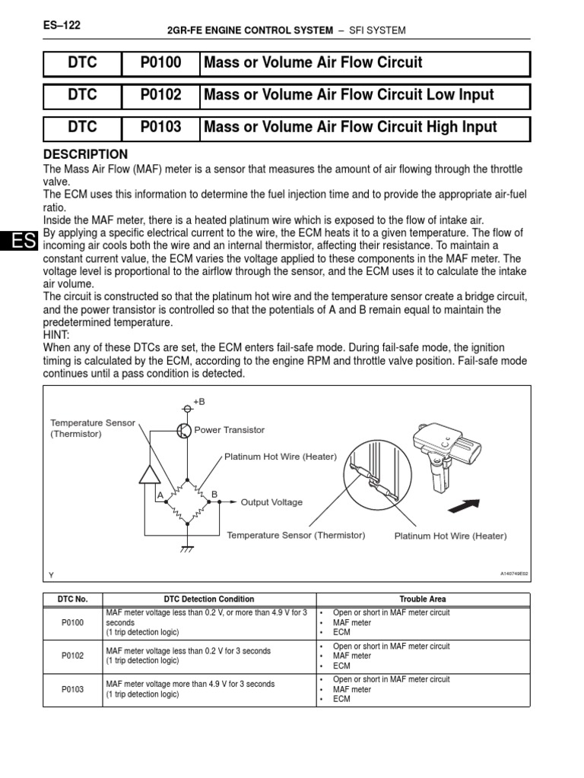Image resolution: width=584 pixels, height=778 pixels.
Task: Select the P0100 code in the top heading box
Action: pos(160,63)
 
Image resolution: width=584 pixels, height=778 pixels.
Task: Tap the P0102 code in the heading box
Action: pos(160,95)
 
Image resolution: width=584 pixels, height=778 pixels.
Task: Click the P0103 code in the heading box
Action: pos(160,127)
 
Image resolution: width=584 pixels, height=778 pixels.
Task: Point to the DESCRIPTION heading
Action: pos(86,154)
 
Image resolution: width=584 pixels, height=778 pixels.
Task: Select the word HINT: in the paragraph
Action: pos(59,334)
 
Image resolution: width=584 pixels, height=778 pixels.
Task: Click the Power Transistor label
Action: pos(230,430)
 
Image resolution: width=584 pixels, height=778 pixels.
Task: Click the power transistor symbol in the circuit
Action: pos(183,431)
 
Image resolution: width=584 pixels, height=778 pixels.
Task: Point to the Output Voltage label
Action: pos(271,502)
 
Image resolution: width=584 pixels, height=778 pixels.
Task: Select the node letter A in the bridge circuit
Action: pos(160,495)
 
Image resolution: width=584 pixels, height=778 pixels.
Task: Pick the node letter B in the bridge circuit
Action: pos(214,495)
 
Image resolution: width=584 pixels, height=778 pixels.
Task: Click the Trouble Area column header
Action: pos(424,599)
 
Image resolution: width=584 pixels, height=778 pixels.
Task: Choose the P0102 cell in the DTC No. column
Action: pos(73,656)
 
